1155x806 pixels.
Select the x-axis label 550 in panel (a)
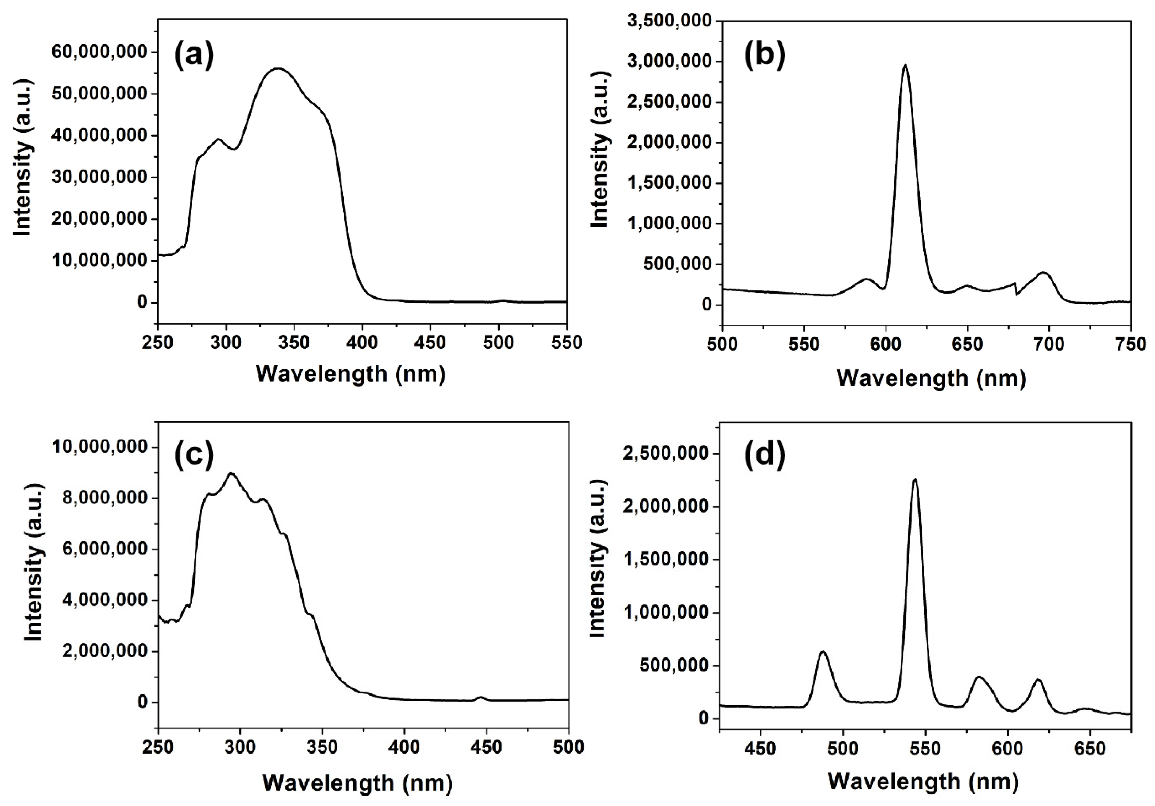click(566, 343)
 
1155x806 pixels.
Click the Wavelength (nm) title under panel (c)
click(357, 782)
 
